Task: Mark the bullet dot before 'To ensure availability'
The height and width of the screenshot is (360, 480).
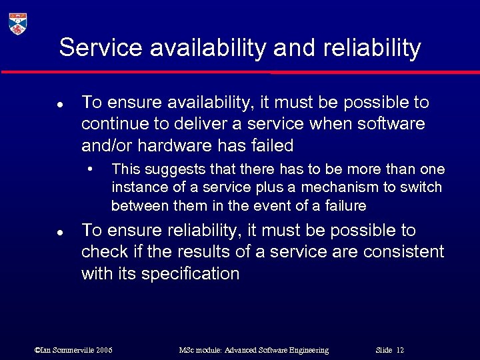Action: click(x=60, y=105)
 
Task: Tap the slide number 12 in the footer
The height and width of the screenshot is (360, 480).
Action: click(x=400, y=350)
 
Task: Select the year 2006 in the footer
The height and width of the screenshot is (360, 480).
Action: click(x=104, y=350)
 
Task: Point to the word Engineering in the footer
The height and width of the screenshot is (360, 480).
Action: click(x=306, y=350)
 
